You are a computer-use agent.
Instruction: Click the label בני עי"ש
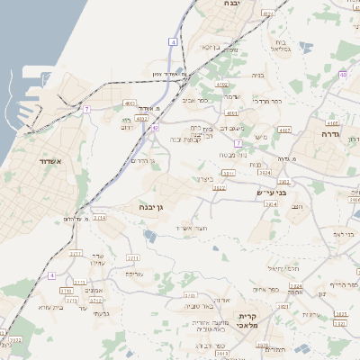(x=268, y=192)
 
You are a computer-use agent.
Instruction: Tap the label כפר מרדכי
(x=268, y=101)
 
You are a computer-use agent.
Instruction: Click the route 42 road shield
(x=155, y=128)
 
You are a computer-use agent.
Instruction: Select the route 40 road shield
(x=343, y=76)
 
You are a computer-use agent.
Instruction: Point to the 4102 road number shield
(x=221, y=84)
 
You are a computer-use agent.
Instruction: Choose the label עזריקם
(x=133, y=274)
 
